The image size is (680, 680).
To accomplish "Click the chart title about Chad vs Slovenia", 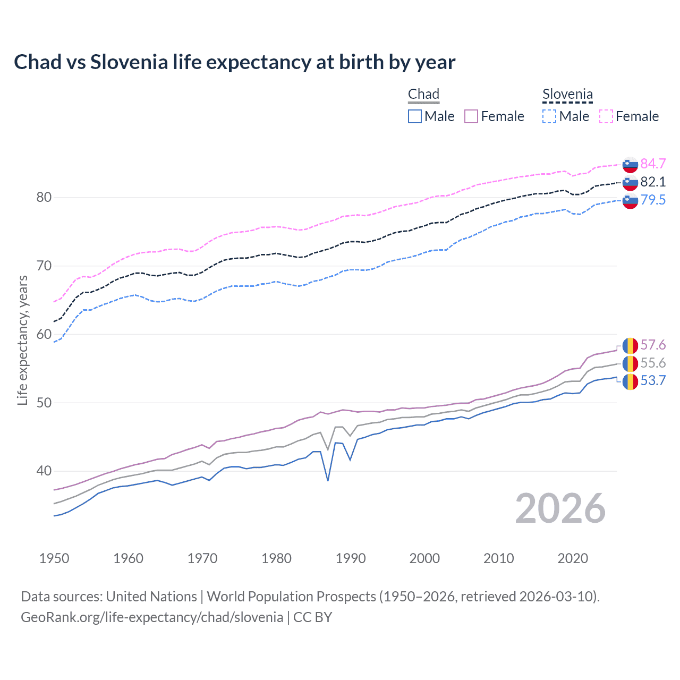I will point(234,62).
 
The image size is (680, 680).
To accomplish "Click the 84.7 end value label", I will point(653,164).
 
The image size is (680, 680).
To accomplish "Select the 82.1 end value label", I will point(653,182).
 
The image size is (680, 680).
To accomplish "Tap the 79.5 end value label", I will point(653,200).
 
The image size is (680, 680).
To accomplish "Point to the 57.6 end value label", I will point(653,345).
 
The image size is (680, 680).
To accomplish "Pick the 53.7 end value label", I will point(653,381).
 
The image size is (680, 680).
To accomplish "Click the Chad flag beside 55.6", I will point(630,363).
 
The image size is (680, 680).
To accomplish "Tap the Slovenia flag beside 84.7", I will point(630,165).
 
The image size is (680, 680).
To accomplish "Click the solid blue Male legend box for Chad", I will point(415,116).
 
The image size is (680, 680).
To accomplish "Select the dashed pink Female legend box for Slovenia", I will point(606,116).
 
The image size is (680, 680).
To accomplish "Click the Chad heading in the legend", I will point(423,95).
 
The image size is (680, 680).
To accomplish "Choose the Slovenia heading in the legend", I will point(567,95).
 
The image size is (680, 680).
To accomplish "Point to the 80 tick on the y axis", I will point(44,198).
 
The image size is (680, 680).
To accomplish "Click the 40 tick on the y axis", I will point(44,471).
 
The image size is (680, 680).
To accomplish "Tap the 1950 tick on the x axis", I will point(54,558).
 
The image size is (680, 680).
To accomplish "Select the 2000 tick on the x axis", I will point(424,558).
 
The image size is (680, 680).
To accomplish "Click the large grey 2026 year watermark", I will point(560,509).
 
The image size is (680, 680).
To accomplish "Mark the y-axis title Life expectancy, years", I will point(22,340).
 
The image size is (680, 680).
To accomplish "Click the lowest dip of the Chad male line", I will point(328,480).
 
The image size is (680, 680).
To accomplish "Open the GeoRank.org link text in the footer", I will point(151,617).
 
